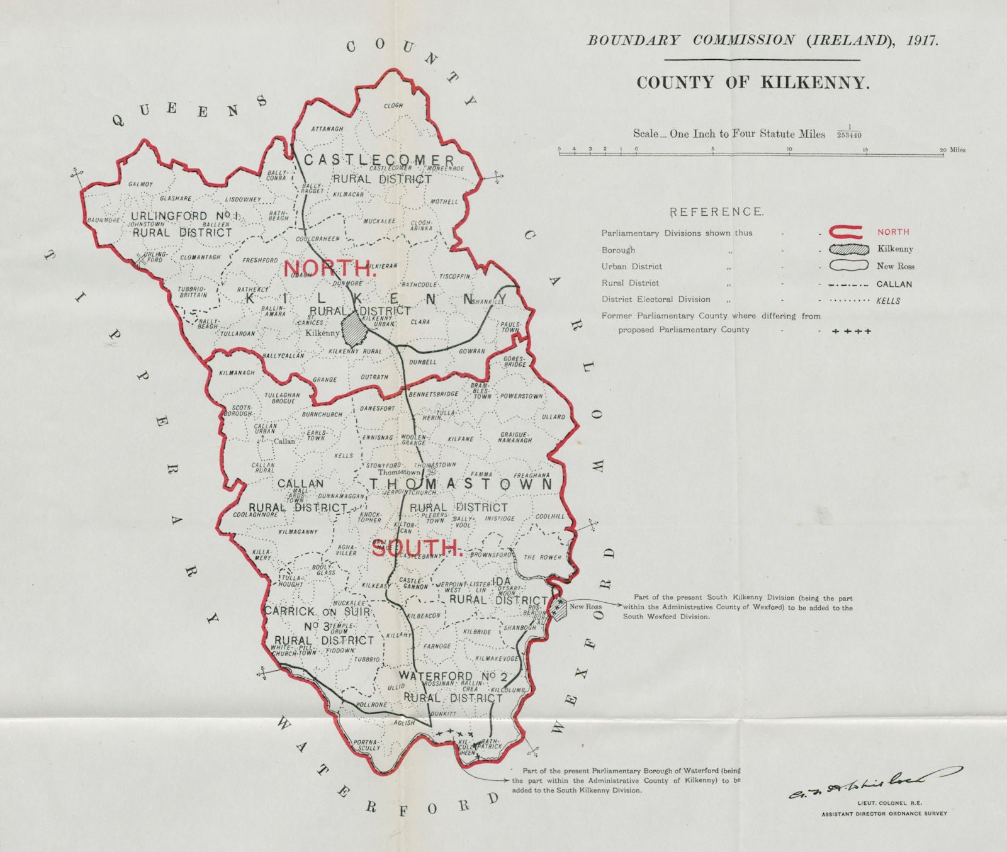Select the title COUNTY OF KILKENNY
coord(753,82)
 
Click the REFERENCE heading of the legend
coord(716,212)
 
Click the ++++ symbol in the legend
coord(851,331)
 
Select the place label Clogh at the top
coord(393,106)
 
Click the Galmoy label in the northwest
coord(141,184)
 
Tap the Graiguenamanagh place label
coord(516,437)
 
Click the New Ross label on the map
coord(585,607)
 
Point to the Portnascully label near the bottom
coord(366,744)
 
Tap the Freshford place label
coord(261,260)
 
